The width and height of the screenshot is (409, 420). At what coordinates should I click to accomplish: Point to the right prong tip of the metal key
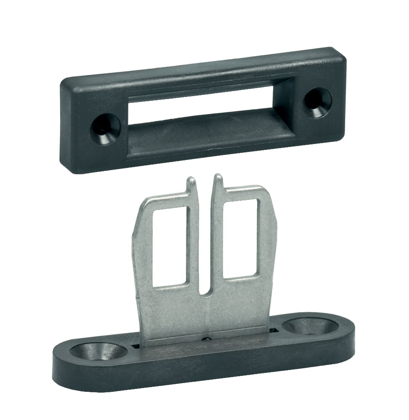[218, 177]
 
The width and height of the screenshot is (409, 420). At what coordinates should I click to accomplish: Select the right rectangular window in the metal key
[240, 238]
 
